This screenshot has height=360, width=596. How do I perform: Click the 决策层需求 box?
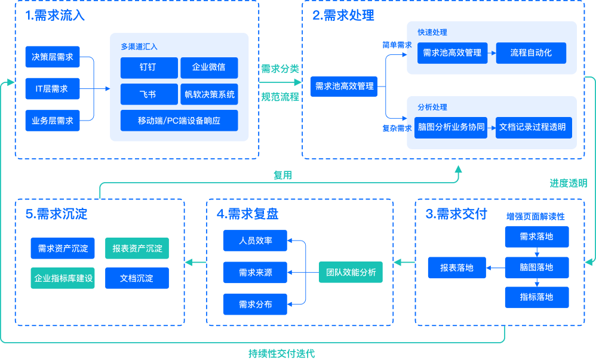(x=53, y=57)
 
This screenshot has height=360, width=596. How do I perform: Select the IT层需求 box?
(x=53, y=89)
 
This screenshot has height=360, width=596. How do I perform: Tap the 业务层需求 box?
(x=53, y=121)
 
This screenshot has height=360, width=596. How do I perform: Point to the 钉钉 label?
(x=148, y=67)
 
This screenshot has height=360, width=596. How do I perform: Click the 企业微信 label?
(x=208, y=67)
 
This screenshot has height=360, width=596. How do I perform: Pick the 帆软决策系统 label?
(x=210, y=94)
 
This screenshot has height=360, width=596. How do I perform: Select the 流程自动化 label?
(x=531, y=53)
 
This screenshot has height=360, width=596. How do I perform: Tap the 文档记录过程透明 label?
(x=532, y=127)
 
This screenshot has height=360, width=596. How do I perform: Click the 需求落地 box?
(x=536, y=236)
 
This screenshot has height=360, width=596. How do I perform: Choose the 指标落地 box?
(x=536, y=297)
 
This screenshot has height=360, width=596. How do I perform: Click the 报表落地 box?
(x=457, y=268)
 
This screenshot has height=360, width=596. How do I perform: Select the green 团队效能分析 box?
(x=351, y=272)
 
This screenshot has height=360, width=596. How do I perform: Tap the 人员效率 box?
(x=255, y=241)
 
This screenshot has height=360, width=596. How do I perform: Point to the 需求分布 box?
(x=255, y=304)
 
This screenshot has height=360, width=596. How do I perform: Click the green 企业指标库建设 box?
(x=63, y=278)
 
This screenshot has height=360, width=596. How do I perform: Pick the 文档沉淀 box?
(x=137, y=278)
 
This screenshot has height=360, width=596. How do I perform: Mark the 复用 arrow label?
(x=282, y=175)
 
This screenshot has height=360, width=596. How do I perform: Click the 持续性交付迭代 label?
(x=281, y=353)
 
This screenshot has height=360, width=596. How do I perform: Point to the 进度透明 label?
(x=568, y=183)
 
